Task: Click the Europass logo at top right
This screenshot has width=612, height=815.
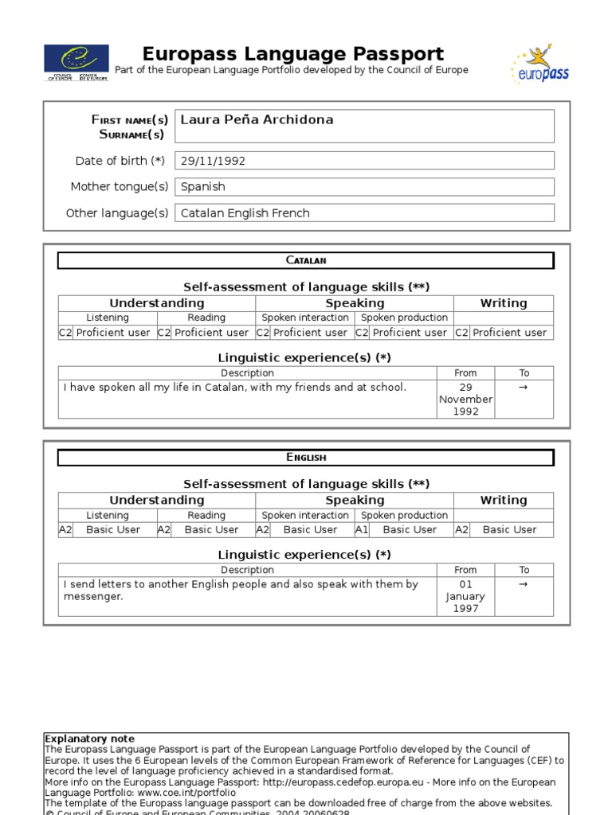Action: click(x=539, y=64)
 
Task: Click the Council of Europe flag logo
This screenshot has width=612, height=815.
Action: click(x=77, y=62)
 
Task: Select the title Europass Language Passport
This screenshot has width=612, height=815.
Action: click(x=292, y=54)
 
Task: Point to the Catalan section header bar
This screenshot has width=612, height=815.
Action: click(x=305, y=260)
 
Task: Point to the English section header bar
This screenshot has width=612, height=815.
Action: click(x=305, y=457)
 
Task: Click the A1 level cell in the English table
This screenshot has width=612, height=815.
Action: click(x=362, y=530)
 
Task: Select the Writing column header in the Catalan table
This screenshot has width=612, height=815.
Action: click(x=503, y=303)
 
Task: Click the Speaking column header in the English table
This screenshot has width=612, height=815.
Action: click(x=355, y=500)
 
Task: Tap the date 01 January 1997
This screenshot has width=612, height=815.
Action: click(x=465, y=596)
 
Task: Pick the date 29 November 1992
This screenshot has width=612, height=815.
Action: click(x=465, y=400)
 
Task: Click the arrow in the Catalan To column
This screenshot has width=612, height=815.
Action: click(x=524, y=388)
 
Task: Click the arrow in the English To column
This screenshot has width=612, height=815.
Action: click(x=524, y=584)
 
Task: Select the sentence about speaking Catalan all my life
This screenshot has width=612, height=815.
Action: click(x=235, y=388)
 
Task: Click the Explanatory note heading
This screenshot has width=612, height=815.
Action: click(x=90, y=739)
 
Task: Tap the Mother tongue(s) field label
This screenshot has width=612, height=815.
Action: click(x=120, y=187)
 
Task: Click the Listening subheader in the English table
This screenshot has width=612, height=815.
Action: click(x=108, y=515)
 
